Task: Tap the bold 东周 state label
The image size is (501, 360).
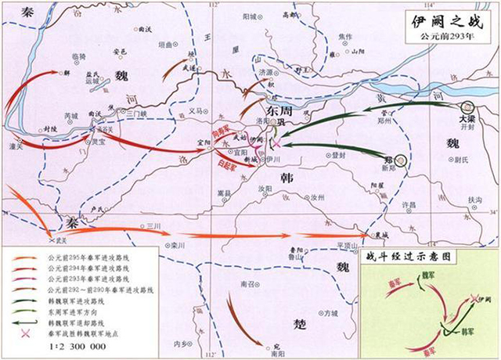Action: tap(279, 111)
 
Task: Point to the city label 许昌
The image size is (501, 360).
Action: tap(408, 204)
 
